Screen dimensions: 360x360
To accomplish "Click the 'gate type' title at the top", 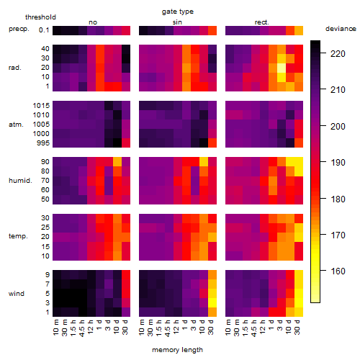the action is click(x=178, y=12).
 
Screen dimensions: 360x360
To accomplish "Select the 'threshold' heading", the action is click(x=40, y=17).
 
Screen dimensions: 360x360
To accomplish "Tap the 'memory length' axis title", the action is click(x=177, y=350).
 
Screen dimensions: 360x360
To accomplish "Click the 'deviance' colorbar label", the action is click(x=341, y=29).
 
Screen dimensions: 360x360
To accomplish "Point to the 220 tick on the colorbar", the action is click(x=338, y=54).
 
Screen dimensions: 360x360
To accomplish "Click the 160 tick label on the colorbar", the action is click(x=338, y=271).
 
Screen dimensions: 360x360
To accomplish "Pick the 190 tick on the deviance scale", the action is click(x=338, y=163).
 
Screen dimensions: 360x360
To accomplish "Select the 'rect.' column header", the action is click(x=262, y=22).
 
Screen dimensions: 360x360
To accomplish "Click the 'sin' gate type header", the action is click(x=177, y=22).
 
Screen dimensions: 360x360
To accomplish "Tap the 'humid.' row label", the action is click(x=20, y=181).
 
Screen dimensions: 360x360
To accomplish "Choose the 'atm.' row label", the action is click(x=16, y=125).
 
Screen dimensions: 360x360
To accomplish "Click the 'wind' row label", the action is click(x=17, y=294).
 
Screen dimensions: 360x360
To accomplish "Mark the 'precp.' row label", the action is click(x=19, y=29).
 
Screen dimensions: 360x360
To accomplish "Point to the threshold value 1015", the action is click(x=41, y=106).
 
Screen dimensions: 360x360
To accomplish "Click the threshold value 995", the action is click(x=43, y=143).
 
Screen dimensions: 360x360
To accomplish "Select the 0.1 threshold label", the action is click(x=44, y=30).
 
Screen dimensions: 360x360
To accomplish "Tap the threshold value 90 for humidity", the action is click(x=45, y=162).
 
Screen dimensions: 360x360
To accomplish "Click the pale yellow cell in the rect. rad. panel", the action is click(x=282, y=68).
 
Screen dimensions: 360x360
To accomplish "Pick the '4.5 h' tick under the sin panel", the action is click(x=168, y=328).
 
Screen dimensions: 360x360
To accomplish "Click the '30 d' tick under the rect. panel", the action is click(x=297, y=328).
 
